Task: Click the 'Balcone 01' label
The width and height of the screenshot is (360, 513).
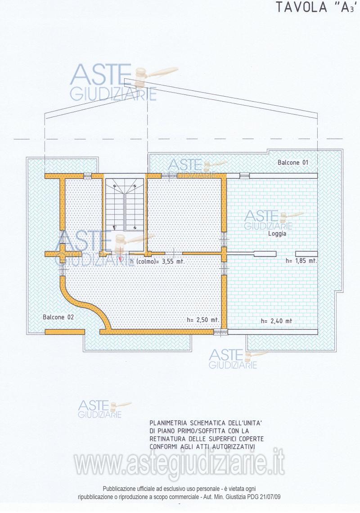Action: (293, 162)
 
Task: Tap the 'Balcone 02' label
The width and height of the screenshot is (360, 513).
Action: (58, 317)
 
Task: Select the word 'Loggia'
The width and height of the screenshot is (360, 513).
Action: (277, 234)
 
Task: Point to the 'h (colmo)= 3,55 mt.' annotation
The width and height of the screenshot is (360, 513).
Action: (157, 262)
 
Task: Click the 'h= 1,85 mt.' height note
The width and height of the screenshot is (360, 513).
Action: (301, 261)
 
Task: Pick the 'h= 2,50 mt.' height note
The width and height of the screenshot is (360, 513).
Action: (203, 320)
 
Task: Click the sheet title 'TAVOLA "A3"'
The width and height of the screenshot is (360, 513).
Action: (315, 7)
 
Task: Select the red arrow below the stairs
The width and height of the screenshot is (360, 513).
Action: (121, 259)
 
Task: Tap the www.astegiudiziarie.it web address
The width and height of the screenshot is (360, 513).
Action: (179, 464)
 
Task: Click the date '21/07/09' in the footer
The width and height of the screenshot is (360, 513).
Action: (270, 497)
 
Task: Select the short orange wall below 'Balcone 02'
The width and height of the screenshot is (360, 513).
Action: (64, 332)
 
